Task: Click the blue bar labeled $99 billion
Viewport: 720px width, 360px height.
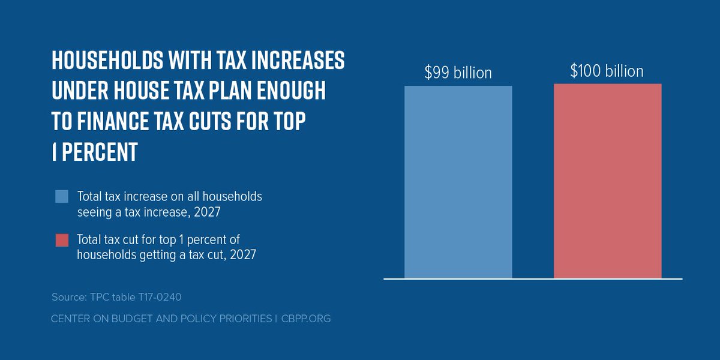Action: (x=458, y=182)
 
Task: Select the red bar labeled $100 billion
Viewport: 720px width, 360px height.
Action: (x=607, y=181)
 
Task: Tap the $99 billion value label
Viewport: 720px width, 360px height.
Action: (x=458, y=73)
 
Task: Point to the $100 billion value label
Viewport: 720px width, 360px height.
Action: (x=607, y=71)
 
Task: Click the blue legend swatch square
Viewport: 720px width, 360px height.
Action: (x=62, y=197)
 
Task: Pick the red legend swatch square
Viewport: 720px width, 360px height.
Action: (x=62, y=240)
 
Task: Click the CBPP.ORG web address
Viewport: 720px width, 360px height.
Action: (x=305, y=319)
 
